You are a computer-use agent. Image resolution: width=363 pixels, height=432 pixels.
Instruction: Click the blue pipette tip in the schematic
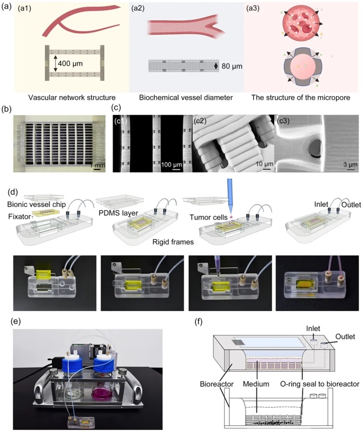point(233,196)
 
